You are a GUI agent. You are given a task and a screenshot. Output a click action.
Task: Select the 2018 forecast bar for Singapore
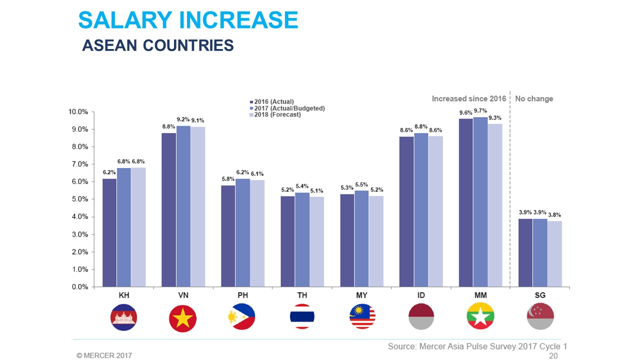[x=554, y=253]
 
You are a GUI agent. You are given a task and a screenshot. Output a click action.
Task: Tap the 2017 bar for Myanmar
[x=480, y=202]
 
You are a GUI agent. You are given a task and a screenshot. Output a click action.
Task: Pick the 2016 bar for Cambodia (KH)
[x=109, y=232]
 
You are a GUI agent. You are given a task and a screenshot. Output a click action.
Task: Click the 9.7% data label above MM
[x=480, y=111]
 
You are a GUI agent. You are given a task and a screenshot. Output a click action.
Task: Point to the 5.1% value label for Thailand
[x=316, y=190]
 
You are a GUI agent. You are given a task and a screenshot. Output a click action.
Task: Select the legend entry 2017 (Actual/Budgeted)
[x=289, y=108]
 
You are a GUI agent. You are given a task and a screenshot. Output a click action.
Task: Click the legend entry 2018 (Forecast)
[x=277, y=114]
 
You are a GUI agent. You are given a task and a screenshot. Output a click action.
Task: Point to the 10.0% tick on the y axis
[x=78, y=111]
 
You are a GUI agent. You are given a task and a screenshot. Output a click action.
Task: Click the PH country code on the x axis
[x=242, y=295]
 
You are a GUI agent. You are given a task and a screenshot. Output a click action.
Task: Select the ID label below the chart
[x=421, y=295]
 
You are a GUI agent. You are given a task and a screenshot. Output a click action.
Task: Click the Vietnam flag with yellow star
[x=183, y=316]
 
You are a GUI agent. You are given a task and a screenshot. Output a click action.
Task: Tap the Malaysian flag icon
[x=361, y=316]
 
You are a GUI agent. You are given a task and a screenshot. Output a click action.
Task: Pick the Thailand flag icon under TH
[x=302, y=316]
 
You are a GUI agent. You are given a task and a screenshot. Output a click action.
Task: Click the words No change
[x=534, y=99]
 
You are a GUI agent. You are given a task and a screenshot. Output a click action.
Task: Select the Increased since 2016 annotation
[x=468, y=99]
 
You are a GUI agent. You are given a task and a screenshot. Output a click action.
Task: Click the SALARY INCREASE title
[x=188, y=20]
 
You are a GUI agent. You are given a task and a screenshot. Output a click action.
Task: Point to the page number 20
[x=553, y=355]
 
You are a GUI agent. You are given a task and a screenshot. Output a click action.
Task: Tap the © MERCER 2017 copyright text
[x=104, y=355]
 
